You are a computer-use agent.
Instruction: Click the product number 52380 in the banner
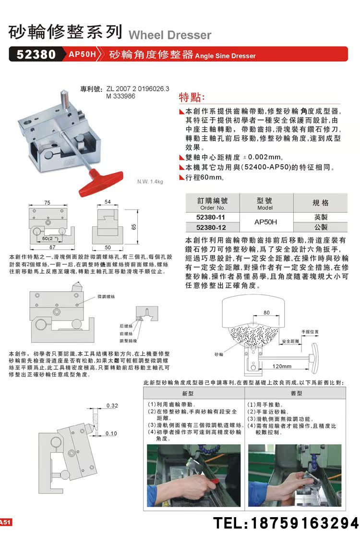[x=36, y=54]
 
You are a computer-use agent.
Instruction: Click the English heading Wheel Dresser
[x=170, y=35]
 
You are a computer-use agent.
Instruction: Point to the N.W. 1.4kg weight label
[x=150, y=182]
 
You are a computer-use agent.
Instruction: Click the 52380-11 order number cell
[x=211, y=218]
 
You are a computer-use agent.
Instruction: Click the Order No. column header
[x=212, y=204]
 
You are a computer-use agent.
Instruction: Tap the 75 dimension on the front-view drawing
[x=48, y=203]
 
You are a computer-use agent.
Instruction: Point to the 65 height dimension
[x=135, y=226]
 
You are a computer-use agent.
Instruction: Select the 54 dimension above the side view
[x=108, y=202]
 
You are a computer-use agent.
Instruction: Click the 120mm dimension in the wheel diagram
[x=282, y=366]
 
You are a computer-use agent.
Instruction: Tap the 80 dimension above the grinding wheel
[x=266, y=313]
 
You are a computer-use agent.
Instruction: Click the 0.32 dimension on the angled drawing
[x=112, y=406]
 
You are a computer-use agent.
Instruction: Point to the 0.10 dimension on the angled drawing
[x=111, y=433]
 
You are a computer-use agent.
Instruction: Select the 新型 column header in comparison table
[x=174, y=392]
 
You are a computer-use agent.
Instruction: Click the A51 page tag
[x=6, y=522]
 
